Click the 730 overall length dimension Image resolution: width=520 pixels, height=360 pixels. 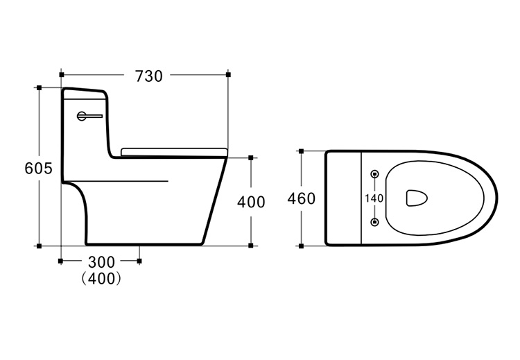coord(148,76)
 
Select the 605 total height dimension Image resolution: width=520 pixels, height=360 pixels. coord(38,169)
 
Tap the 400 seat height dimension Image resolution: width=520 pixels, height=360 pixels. coord(251,202)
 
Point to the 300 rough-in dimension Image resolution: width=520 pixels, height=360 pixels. coord(101,262)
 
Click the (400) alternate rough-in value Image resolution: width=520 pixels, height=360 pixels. coord(101,279)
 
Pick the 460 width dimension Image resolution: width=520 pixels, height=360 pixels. coord(301,199)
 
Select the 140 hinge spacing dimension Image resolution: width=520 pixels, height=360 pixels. coord(374,198)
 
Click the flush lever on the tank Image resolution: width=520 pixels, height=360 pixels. coord(89,116)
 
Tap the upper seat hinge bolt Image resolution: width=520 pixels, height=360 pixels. coord(374,173)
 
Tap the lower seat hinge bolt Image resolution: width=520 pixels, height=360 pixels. coord(374,222)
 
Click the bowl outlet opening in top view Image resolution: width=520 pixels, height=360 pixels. coord(417,198)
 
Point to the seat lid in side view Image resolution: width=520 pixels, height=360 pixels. coord(174,152)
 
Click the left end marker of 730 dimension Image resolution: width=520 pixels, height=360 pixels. coord(62,75)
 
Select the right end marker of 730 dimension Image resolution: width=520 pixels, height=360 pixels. coord(228,75)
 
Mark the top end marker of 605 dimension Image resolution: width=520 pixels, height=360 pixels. coord(39,87)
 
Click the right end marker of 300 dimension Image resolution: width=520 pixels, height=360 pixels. coord(139,261)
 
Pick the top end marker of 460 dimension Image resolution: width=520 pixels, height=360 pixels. coord(301,151)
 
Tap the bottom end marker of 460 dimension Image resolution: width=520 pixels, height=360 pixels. coord(301,246)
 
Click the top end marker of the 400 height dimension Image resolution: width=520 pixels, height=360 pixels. coord(251,157)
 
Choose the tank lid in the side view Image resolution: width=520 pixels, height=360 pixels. coord(85,93)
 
